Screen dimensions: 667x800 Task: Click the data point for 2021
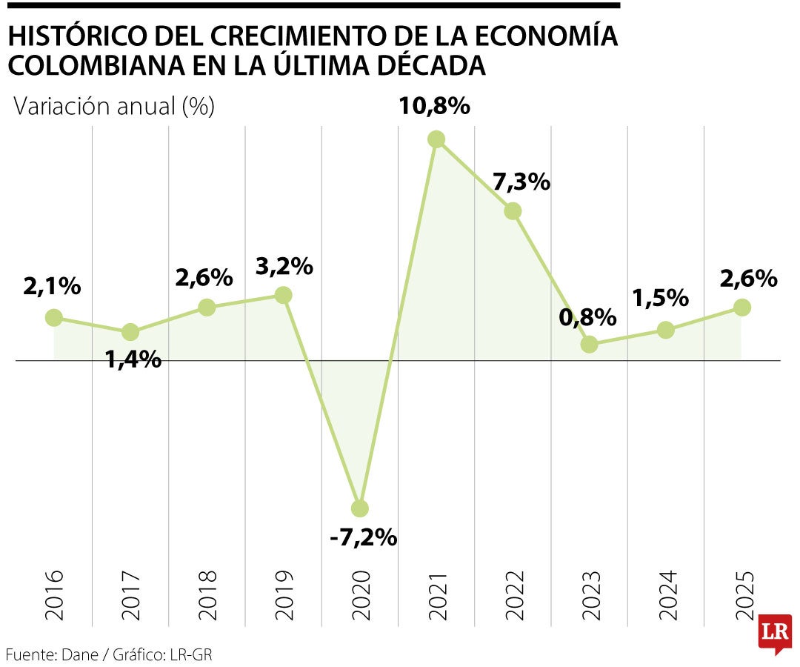[436, 139]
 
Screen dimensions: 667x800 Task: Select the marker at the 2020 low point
[360, 508]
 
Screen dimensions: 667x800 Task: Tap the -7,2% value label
[363, 537]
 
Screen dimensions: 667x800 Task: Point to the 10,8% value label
[434, 106]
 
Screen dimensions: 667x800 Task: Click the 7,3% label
[521, 182]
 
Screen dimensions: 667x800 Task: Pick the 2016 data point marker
[54, 317]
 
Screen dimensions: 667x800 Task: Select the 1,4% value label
[133, 359]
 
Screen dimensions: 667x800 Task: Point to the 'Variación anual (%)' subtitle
[114, 107]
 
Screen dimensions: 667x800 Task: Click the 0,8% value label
[588, 318]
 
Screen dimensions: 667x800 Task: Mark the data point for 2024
[666, 330]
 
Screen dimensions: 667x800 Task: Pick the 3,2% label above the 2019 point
[284, 266]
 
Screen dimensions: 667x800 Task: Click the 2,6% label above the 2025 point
[747, 279]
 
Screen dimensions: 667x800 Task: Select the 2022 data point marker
[513, 211]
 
